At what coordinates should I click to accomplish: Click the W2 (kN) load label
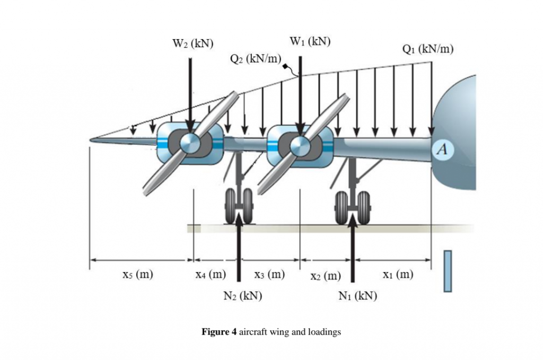point(193,43)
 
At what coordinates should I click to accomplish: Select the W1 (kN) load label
point(310,41)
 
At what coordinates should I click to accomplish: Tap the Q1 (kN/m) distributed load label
point(428,49)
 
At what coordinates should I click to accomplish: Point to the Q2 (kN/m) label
point(256,58)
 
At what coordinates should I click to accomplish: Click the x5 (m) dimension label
point(138,274)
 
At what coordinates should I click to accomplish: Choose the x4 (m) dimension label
point(211,274)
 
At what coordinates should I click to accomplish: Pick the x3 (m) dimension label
point(269,274)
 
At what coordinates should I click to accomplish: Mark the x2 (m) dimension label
point(326,276)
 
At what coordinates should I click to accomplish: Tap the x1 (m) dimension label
point(398,274)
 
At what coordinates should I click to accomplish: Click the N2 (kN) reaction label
point(243,296)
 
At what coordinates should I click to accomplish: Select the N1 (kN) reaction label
point(358,296)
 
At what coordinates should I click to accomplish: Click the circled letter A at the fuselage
point(442,149)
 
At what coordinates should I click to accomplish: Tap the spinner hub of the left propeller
point(190,143)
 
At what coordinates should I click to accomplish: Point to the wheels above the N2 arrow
point(239,206)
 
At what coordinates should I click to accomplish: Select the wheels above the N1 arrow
point(353,207)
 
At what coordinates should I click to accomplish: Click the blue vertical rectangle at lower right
point(448,271)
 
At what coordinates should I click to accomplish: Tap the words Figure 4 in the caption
point(219,332)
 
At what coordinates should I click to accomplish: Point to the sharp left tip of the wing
point(90,140)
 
